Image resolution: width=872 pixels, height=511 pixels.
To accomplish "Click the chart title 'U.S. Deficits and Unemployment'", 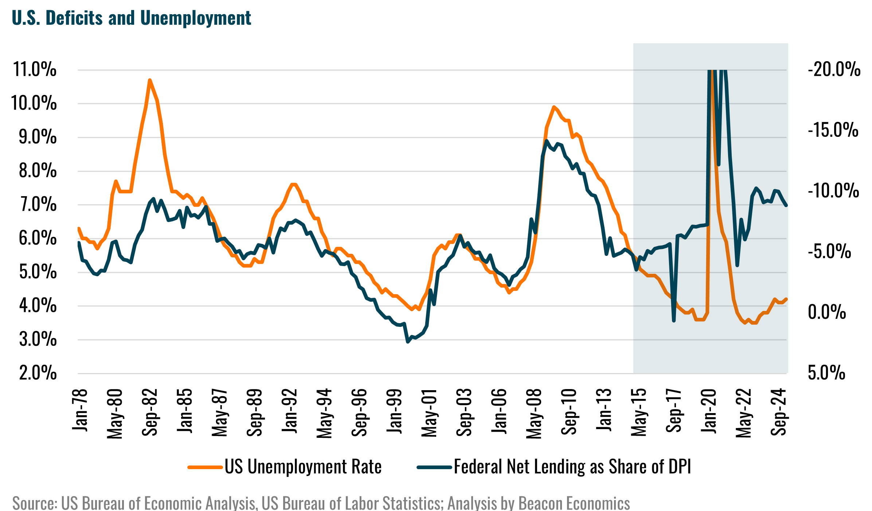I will (x=131, y=18).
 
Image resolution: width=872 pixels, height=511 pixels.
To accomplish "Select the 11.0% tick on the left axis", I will (x=35, y=70).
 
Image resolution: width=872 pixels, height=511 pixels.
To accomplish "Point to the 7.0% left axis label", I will (x=38, y=205).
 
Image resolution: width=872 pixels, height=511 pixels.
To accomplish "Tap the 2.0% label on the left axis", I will (x=38, y=373).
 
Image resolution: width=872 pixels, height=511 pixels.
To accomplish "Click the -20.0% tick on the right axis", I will (x=834, y=70).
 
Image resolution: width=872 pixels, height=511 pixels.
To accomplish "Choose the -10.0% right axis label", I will (x=833, y=191).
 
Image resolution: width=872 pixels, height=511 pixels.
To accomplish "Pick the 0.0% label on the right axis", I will (x=826, y=312).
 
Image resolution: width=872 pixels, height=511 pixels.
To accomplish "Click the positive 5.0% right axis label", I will (x=826, y=373).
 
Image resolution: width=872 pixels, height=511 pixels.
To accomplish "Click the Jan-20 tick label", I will (x=709, y=411).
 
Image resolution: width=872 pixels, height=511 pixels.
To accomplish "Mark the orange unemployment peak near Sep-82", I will (x=149, y=80).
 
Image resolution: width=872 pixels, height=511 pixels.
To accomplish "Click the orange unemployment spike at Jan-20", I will (x=712, y=71).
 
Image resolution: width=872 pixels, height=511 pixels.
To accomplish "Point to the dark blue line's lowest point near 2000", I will (x=408, y=342).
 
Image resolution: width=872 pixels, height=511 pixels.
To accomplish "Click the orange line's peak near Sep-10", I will (x=554, y=107).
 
